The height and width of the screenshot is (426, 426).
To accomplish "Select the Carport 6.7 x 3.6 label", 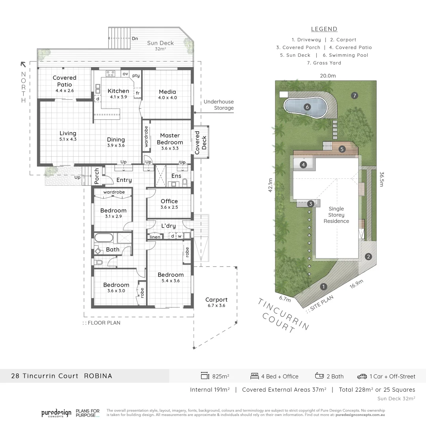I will point(216,303).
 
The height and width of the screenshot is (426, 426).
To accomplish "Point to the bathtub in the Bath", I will point(104,238).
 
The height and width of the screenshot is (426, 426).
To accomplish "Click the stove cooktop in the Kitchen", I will point(110,73).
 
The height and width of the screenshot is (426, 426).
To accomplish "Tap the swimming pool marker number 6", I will point(307,106).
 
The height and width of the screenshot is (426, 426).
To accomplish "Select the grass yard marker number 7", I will point(355,95).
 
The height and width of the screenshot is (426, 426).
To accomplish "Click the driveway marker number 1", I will point(323,286).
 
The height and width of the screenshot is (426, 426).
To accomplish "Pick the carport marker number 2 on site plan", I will point(368,257).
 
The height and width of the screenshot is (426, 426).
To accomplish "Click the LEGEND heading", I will point(324,29).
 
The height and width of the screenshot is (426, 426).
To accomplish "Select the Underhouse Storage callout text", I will point(219,105).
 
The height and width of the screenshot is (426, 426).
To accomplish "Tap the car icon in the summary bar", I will point(362,376).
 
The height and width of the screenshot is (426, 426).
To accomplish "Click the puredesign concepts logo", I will point(56,413).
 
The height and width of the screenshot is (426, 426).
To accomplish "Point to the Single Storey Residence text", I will point(336,215).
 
